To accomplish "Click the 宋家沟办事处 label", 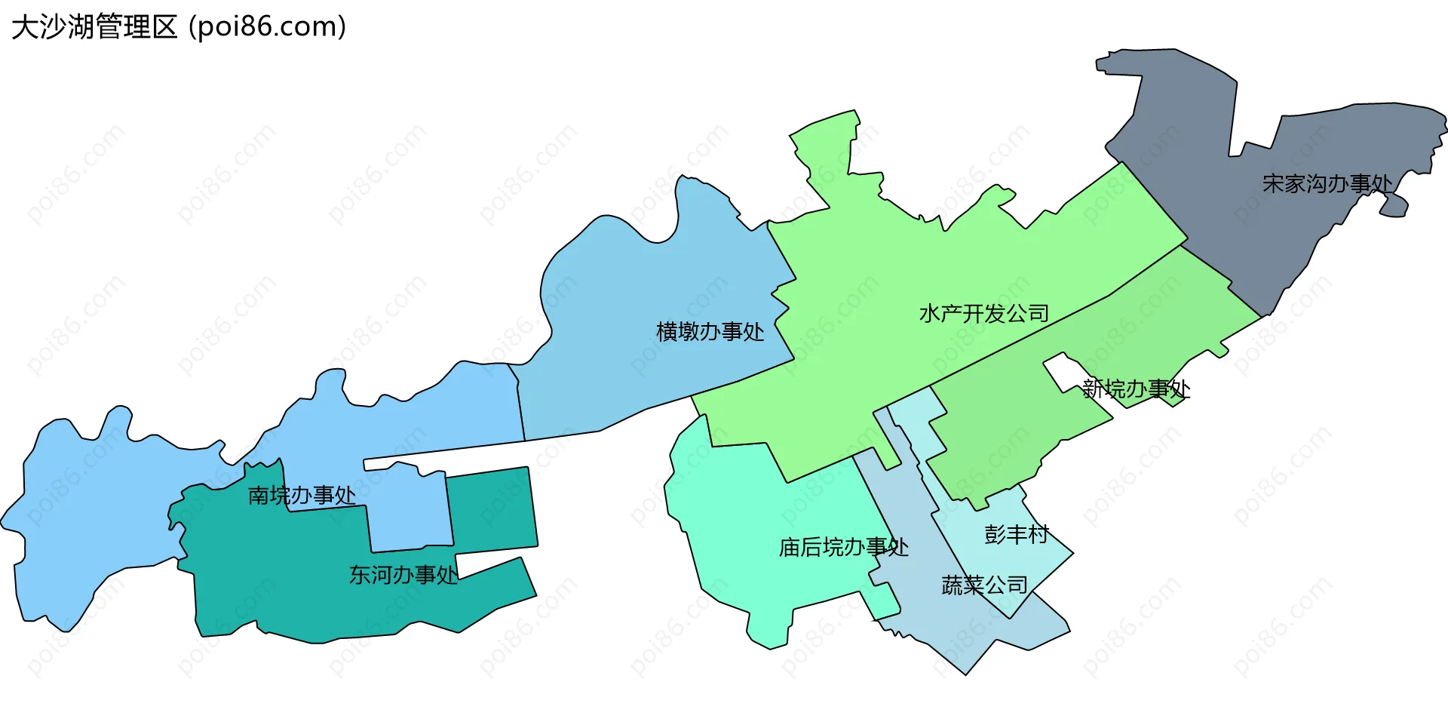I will click(1327, 183).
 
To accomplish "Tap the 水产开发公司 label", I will click(984, 313).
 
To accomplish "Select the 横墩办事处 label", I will click(710, 331).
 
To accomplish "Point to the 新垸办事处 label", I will click(1136, 389).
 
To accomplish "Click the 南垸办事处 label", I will click(302, 496).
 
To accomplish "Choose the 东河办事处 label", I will click(403, 575).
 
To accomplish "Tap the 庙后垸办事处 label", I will click(843, 547).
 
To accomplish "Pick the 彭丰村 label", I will click(1017, 535).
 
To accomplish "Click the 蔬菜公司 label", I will click(984, 585).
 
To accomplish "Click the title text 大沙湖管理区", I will click(94, 26).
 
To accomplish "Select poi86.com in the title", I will click(268, 26).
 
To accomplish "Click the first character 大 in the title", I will click(23, 26).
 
